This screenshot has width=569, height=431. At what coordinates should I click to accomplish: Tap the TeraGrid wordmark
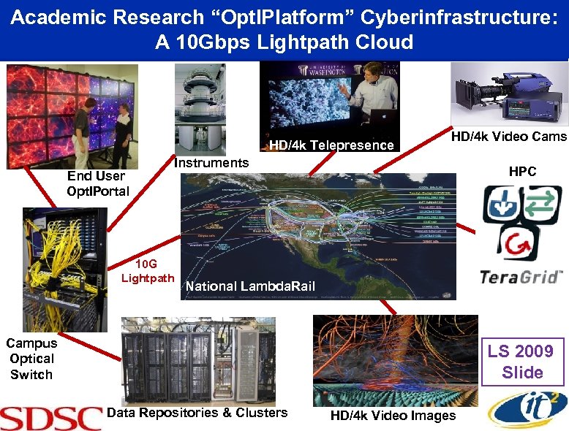[521, 277]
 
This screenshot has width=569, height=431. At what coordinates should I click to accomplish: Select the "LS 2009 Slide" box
[522, 361]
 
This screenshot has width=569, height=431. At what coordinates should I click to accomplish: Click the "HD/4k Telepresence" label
[331, 145]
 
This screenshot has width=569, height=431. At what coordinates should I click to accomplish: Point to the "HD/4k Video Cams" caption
[508, 137]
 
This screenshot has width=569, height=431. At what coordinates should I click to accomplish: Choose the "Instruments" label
[211, 162]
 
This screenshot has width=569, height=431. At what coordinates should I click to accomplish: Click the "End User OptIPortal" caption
[97, 183]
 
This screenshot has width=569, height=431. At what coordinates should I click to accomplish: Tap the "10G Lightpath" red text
[148, 270]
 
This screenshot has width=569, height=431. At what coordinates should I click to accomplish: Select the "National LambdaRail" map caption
[250, 286]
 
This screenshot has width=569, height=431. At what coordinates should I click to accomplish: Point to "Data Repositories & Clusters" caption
[197, 413]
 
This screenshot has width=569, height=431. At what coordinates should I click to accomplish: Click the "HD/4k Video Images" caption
[393, 416]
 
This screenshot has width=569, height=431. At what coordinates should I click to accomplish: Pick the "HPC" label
[522, 172]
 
